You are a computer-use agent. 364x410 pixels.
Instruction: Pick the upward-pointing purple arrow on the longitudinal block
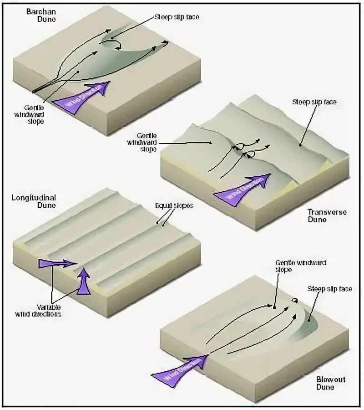tap(83, 281)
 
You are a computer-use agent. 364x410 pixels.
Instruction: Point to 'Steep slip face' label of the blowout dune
tap(329, 289)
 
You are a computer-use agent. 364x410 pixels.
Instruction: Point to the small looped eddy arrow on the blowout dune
tap(294, 300)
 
